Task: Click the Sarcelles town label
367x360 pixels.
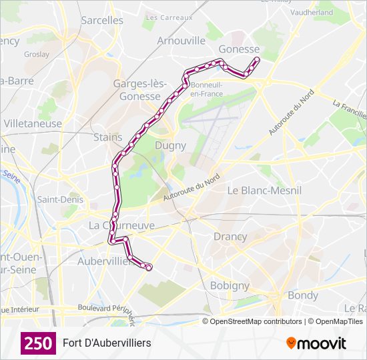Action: pos(102,20)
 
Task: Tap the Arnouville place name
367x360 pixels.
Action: pos(181,40)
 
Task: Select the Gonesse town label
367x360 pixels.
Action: pos(239,49)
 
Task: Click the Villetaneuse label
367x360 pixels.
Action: pos(33,123)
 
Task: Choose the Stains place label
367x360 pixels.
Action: pos(107,137)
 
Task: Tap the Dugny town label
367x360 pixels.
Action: pos(170,145)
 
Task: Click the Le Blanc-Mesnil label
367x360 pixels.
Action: pos(264,190)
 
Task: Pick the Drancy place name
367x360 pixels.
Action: pos(230,236)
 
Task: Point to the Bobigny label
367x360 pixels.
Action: pos(230,285)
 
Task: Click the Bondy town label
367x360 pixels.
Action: pos(303,295)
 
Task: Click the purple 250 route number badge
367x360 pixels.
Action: pos(39,343)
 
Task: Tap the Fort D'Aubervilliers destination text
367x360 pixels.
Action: pos(107,343)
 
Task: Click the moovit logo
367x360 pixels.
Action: pos(316,343)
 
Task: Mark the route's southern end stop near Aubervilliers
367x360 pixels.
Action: pos(149,267)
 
